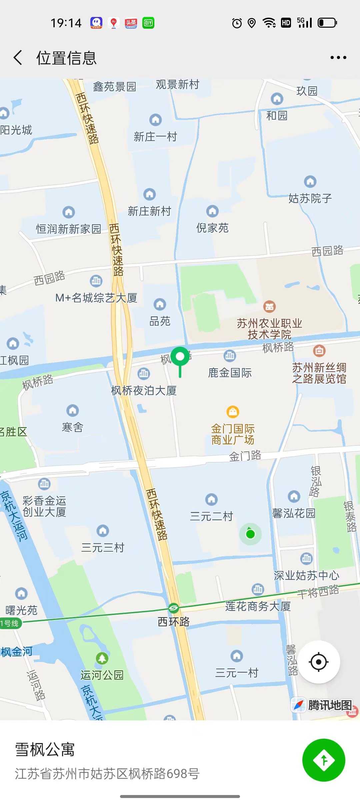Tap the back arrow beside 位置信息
click(18, 58)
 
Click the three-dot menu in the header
click(338, 58)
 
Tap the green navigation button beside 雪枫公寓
click(323, 760)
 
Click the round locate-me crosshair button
click(319, 662)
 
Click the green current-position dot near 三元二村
click(250, 534)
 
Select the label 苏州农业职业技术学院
click(269, 329)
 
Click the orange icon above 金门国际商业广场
click(233, 412)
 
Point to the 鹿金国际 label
click(230, 373)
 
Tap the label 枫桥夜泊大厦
click(144, 390)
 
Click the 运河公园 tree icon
click(102, 658)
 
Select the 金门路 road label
click(245, 456)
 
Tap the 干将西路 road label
click(318, 591)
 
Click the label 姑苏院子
click(310, 198)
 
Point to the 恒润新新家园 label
click(68, 229)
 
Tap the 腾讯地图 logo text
click(330, 705)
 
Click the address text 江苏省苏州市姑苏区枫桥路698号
click(107, 773)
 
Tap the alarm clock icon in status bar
click(237, 23)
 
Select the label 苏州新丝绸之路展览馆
click(319, 373)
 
